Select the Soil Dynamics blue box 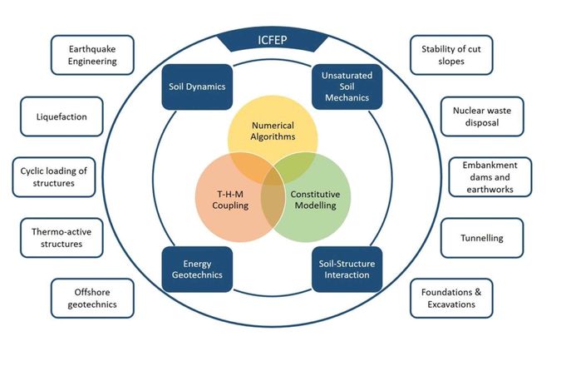pyautogui.click(x=194, y=86)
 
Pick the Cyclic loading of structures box pyautogui.click(x=54, y=177)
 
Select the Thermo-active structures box pyautogui.click(x=62, y=238)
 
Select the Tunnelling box pyautogui.click(x=481, y=238)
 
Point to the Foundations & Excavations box pyautogui.click(x=452, y=299)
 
